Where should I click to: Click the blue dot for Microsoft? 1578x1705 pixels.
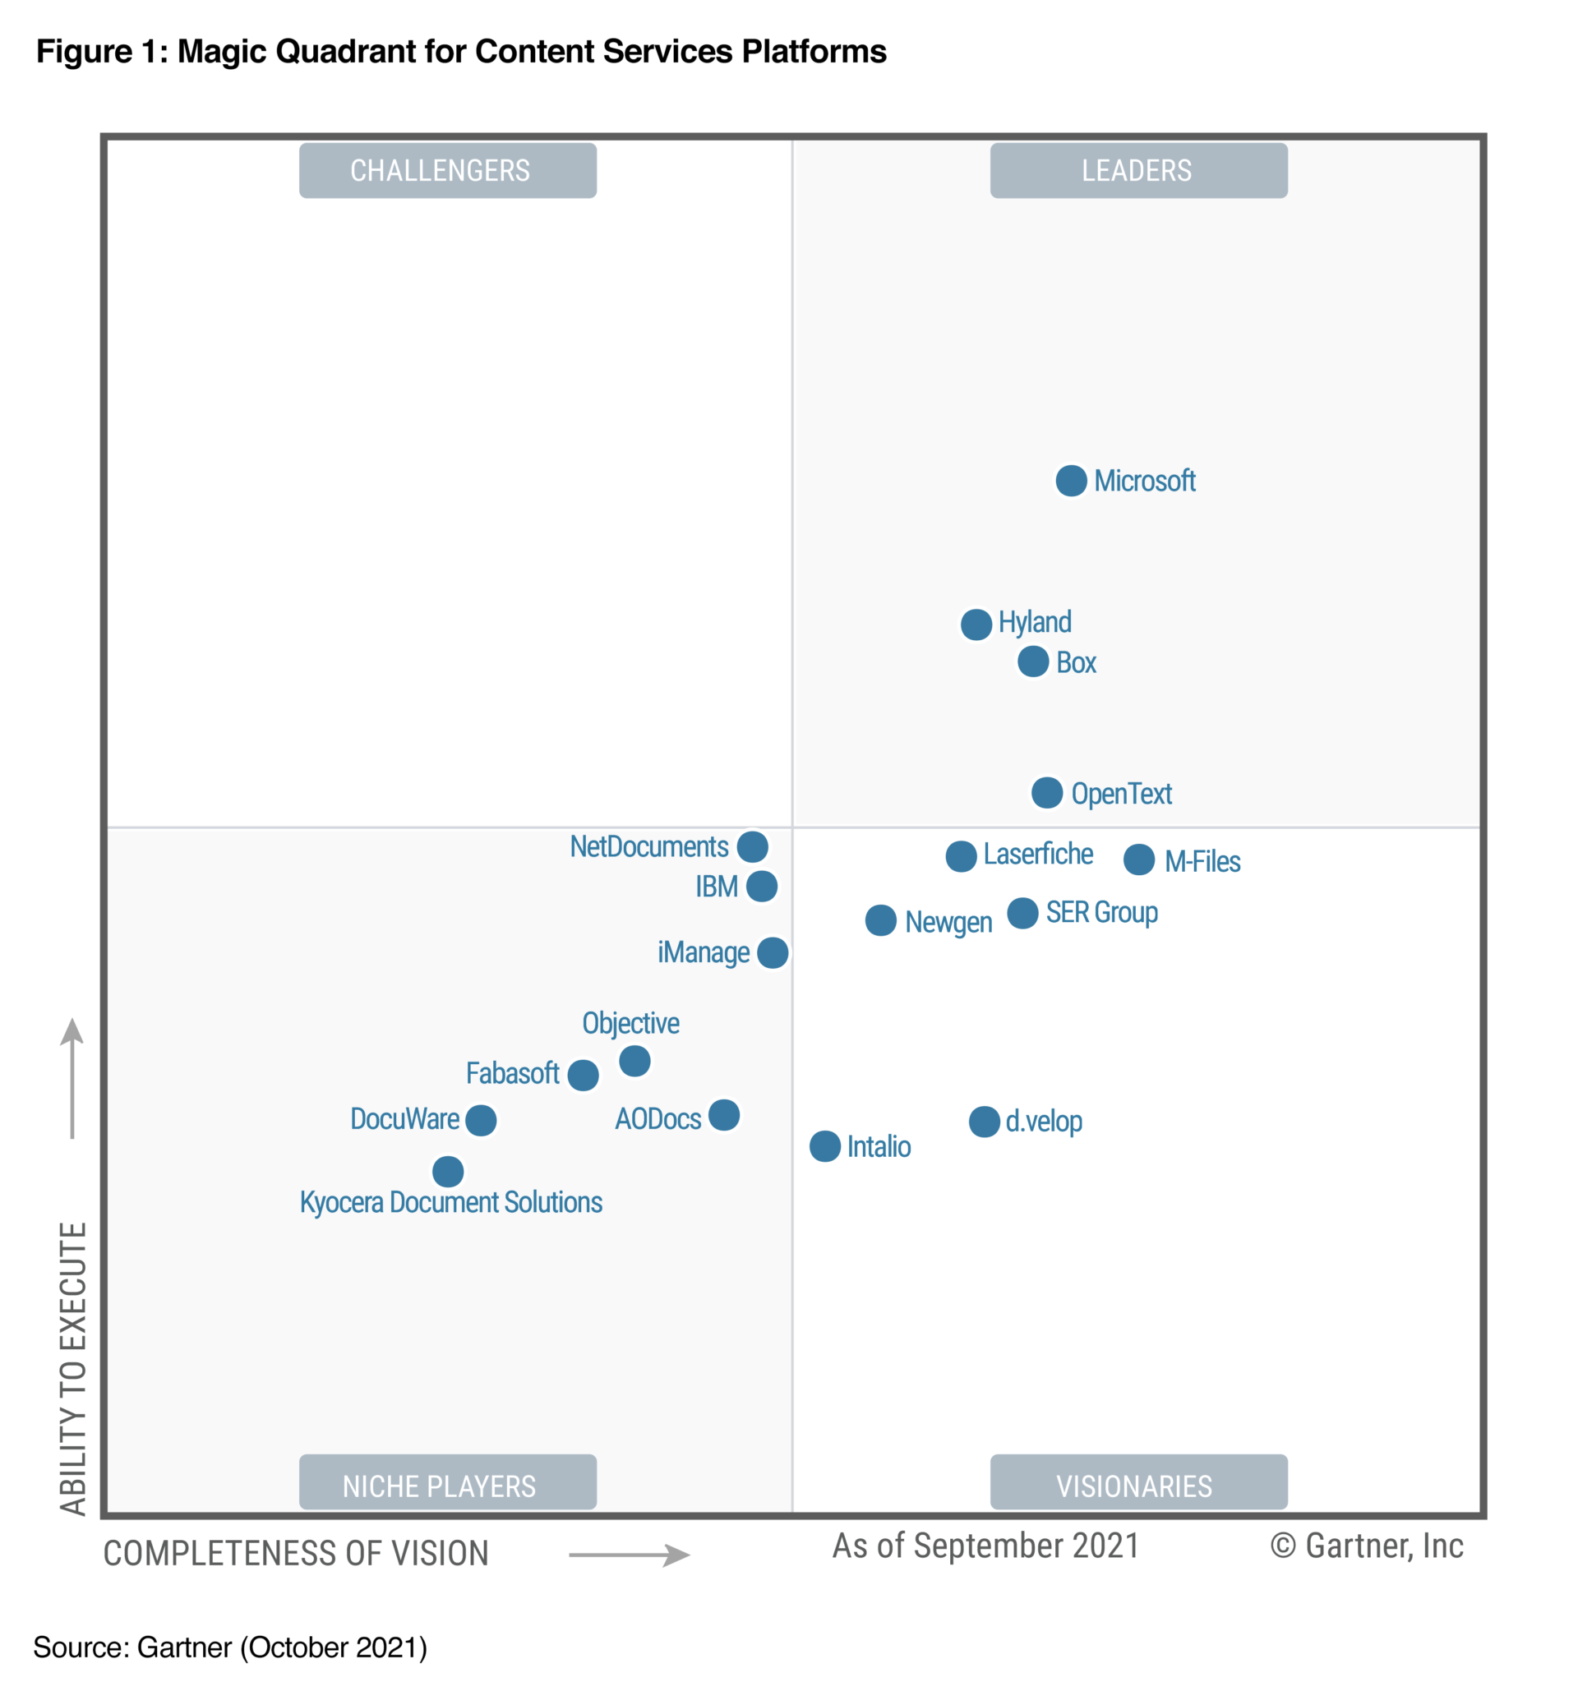click(x=1071, y=481)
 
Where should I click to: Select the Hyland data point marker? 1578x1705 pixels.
click(x=976, y=624)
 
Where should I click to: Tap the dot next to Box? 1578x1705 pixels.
click(x=1033, y=661)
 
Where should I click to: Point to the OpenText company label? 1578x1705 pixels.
click(x=1121, y=794)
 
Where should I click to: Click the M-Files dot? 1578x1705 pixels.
click(x=1139, y=859)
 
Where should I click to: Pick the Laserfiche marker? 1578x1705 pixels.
click(x=962, y=856)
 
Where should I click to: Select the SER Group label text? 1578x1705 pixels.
click(x=1101, y=913)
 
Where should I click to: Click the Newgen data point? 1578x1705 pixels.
click(x=880, y=920)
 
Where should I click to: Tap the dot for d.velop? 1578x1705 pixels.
click(x=985, y=1122)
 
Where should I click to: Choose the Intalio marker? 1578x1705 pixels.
click(x=825, y=1146)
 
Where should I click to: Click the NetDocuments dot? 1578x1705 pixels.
click(x=752, y=847)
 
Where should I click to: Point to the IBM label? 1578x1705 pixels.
click(x=717, y=887)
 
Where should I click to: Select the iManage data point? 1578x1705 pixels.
click(x=773, y=953)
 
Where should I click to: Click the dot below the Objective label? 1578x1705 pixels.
click(x=634, y=1062)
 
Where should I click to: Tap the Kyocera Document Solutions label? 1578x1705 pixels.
click(x=451, y=1203)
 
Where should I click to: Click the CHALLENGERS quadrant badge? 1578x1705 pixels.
click(x=447, y=171)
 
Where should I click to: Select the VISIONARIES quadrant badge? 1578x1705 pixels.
click(x=1138, y=1486)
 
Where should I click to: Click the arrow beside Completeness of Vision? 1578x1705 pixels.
click(x=630, y=1555)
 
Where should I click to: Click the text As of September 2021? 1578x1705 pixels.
click(x=985, y=1546)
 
